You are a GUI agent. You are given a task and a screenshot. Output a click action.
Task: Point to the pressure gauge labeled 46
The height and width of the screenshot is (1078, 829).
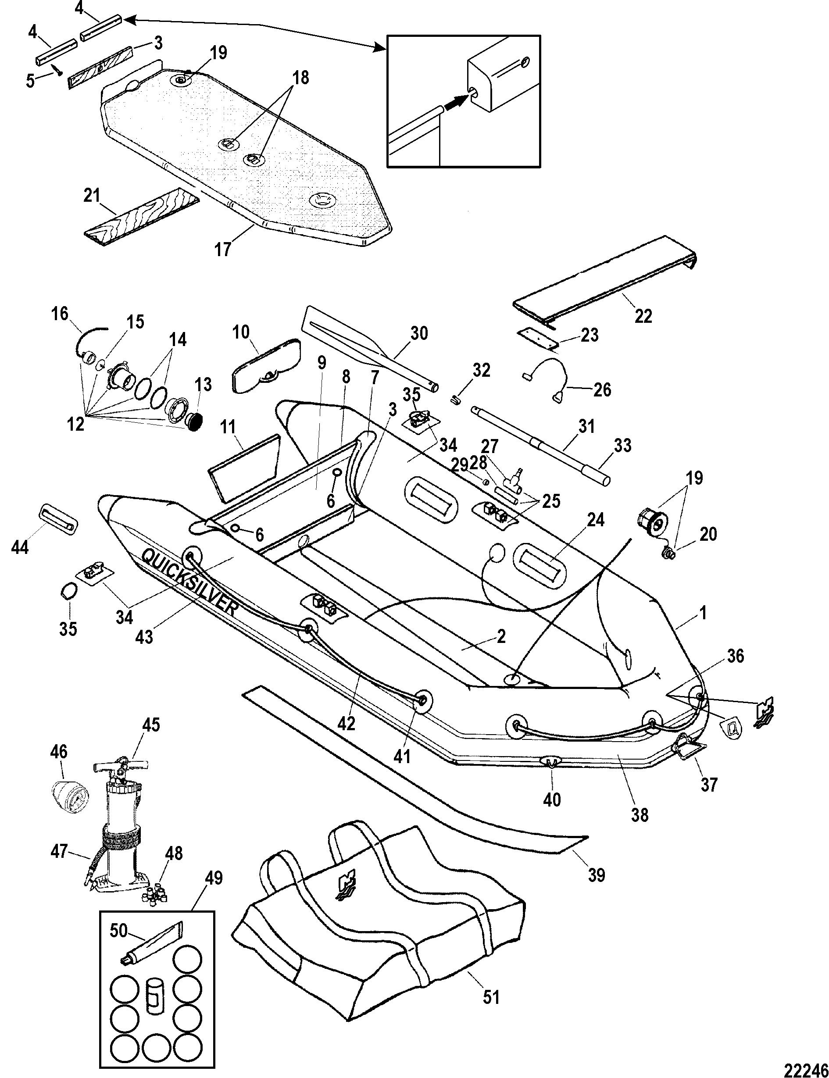66,807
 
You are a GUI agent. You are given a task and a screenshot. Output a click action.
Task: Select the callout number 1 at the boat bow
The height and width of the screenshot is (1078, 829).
703,613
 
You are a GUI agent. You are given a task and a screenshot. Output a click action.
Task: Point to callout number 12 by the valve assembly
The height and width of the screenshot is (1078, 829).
75,423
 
